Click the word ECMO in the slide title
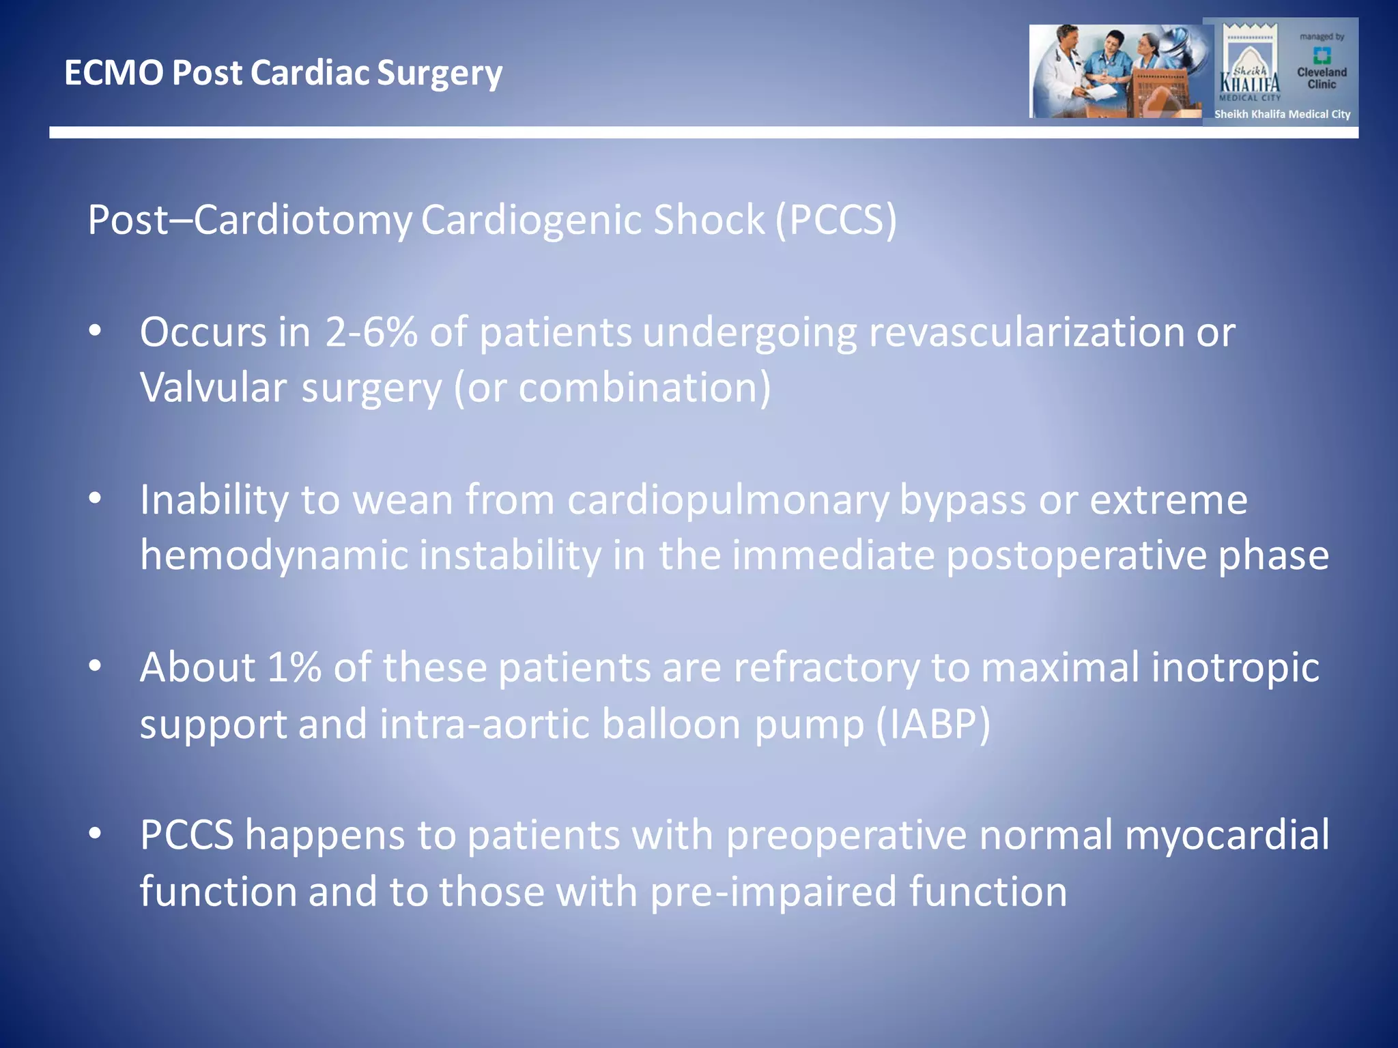click(113, 72)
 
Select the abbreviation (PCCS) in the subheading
click(836, 220)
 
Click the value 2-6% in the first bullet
click(371, 332)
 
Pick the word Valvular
click(213, 388)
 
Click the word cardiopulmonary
click(728, 500)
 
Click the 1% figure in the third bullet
click(294, 667)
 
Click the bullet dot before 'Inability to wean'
click(95, 498)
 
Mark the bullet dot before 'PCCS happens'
click(95, 833)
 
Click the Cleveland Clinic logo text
click(1322, 78)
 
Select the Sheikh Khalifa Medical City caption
click(1282, 115)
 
